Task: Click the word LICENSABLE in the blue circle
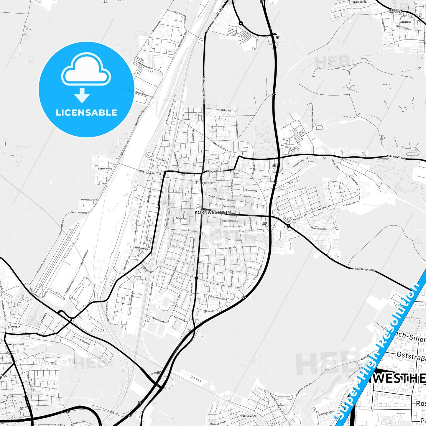(86, 113)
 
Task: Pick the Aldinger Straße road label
(396, 157)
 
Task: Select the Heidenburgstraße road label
(364, 269)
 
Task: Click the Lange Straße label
(216, 171)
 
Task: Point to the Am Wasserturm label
(89, 200)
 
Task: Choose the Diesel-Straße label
(142, 93)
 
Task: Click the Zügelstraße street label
(225, 110)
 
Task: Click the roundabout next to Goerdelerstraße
(288, 226)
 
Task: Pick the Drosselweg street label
(251, 190)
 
